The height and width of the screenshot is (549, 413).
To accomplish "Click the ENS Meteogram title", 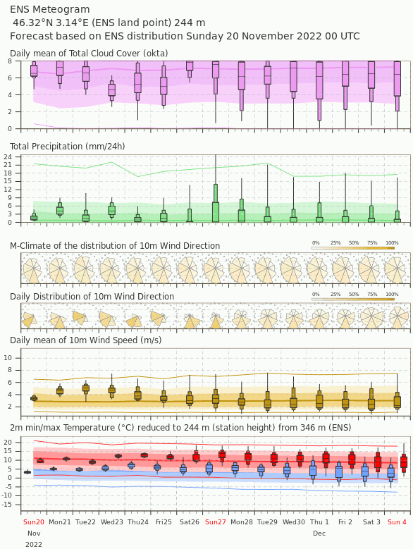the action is pos(50,9).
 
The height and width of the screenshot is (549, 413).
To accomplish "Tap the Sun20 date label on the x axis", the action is pos(34,522).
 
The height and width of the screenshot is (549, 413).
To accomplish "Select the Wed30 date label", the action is pos(294,522).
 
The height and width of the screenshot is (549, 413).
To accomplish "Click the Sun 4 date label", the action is pos(397,522).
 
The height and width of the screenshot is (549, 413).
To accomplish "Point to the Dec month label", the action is pos(319,533).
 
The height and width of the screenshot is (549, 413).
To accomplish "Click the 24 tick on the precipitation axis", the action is pos(8,157).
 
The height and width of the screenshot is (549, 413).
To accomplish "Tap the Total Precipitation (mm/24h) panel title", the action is pos(67,147).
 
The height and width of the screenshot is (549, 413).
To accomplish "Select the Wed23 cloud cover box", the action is pos(111,90).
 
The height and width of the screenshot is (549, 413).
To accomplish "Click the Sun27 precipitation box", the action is pos(216,203).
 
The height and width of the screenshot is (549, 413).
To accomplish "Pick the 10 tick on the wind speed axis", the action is pos(8,358).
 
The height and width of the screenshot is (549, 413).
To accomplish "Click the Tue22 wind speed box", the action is pos(86,388).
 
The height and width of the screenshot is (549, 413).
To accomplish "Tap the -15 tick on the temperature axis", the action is pos(8,505).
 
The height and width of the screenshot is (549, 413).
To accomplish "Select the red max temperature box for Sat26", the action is pos(196,457).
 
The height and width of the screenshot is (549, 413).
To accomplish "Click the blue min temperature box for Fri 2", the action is pos(339,471).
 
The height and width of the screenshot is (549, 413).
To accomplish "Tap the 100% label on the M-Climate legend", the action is pos(392,242).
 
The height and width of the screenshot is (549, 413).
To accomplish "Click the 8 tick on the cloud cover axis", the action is pos(10,61).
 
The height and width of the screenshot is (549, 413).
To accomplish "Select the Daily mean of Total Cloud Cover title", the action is pos(89,54).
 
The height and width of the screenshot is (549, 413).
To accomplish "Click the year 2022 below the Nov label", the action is pos(34,545).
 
